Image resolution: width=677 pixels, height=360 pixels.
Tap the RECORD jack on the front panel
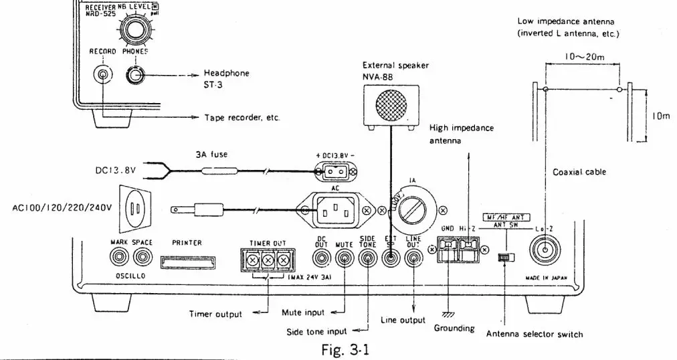point(102,75)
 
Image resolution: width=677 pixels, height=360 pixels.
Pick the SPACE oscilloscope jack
point(142,256)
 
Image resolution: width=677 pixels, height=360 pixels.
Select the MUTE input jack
point(345,256)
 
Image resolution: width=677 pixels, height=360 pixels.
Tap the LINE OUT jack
point(413,256)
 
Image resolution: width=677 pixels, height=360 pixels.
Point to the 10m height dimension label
point(661,116)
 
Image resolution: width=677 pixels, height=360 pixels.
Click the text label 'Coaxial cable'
point(579,172)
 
